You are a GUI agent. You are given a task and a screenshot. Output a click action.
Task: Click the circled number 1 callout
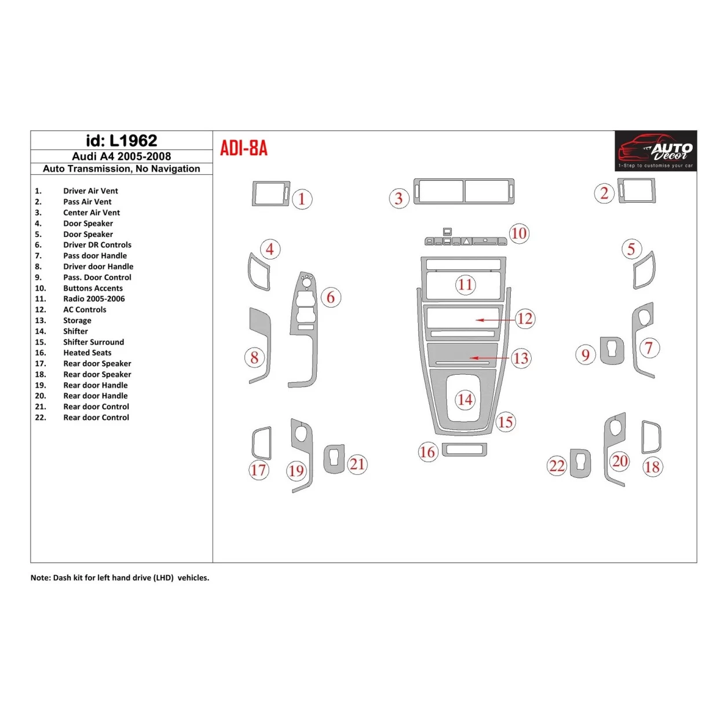(x=302, y=199)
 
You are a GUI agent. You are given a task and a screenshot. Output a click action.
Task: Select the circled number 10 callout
(x=519, y=233)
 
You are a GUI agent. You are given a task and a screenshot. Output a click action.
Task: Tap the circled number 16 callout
(x=427, y=452)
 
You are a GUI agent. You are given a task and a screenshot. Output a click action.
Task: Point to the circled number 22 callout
(x=557, y=466)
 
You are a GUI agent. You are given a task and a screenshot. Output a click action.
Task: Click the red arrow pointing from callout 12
(x=496, y=320)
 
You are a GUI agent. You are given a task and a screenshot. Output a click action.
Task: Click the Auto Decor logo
(x=656, y=151)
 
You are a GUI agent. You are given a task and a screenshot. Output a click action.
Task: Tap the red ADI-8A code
(x=244, y=148)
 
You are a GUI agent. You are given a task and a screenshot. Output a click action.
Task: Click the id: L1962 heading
(x=122, y=141)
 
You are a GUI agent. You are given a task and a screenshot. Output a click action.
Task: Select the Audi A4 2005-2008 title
(x=122, y=156)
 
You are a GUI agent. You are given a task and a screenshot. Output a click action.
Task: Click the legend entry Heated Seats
(x=87, y=353)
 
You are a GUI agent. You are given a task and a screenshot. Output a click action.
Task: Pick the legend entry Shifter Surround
(x=93, y=342)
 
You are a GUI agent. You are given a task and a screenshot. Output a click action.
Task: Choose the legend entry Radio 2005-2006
(x=94, y=299)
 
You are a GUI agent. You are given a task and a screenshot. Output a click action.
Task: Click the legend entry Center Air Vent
(x=92, y=213)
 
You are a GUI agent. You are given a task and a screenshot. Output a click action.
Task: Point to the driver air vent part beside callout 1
(x=270, y=193)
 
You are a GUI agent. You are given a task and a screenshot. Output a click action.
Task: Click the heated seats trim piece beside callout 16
(x=464, y=449)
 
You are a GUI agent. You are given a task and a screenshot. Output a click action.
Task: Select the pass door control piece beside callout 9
(x=612, y=350)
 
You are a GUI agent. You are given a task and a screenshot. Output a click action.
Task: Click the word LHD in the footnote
(x=163, y=578)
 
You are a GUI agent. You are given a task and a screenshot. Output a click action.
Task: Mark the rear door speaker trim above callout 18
(x=651, y=437)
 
